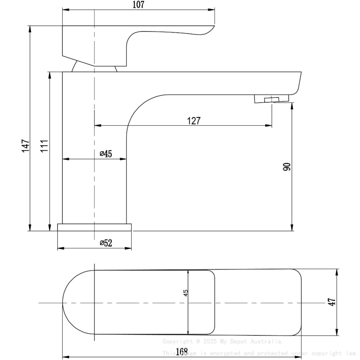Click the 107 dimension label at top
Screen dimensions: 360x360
(x=138, y=5)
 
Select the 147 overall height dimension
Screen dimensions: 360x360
(x=25, y=146)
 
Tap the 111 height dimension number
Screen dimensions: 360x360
(x=44, y=146)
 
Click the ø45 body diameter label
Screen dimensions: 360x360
(x=106, y=154)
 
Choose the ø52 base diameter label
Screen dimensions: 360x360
(x=106, y=243)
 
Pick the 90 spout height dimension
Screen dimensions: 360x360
(x=287, y=166)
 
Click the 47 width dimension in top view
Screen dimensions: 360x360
(x=332, y=302)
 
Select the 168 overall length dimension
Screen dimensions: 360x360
(x=181, y=352)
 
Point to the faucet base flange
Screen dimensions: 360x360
(x=94, y=227)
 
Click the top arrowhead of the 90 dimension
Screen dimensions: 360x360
(x=292, y=105)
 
